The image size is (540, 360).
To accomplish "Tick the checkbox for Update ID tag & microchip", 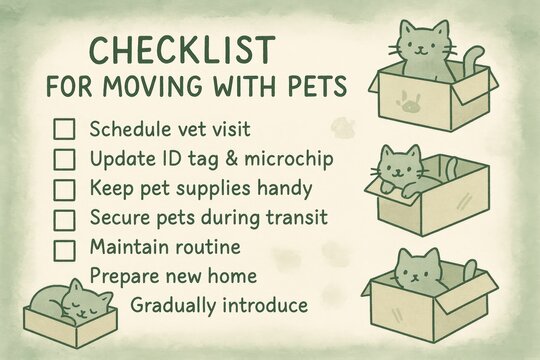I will (65, 158).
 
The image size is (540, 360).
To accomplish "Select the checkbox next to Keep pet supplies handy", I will (65, 187).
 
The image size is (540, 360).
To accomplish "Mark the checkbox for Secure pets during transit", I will (65, 217).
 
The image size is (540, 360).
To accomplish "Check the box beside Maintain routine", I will (65, 246).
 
